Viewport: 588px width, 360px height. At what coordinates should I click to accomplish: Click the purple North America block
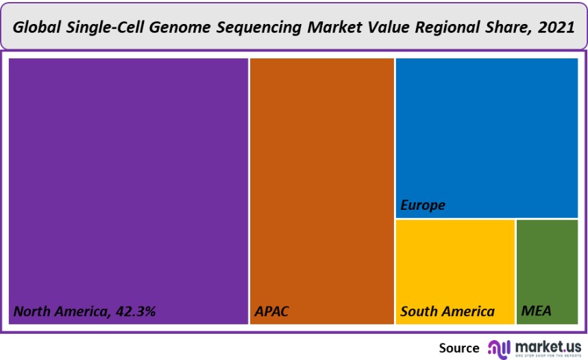[x=128, y=178]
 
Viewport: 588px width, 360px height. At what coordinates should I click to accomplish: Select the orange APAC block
[x=321, y=178]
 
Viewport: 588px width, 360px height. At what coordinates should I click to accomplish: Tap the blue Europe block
[x=487, y=130]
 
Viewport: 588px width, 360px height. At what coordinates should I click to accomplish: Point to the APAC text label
[x=271, y=311]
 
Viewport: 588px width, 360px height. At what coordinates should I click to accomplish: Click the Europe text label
[x=423, y=205]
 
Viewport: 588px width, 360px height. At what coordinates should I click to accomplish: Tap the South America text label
[x=448, y=311]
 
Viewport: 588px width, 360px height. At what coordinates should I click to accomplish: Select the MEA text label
[x=537, y=311]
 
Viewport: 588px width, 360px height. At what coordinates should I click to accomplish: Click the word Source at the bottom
[x=459, y=348]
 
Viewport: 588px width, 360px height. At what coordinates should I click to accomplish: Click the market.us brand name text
[x=548, y=345]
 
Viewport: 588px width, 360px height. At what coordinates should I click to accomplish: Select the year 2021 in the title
[x=557, y=27]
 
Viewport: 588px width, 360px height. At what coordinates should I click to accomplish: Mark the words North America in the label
[x=59, y=311]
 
